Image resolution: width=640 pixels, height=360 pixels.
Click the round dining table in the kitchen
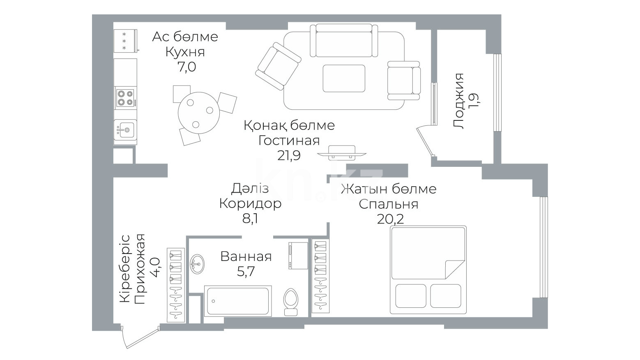198,113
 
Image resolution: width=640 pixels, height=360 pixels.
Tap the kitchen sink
125,130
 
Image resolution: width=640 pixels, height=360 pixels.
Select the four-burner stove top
125,98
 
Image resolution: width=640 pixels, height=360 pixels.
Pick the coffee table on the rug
344,78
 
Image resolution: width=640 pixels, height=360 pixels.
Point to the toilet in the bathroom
290,302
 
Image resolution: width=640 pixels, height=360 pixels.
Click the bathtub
238,301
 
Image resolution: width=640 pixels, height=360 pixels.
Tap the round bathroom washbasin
197,264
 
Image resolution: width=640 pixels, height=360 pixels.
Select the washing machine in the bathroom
298,256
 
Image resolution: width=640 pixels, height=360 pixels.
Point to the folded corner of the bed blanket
455,269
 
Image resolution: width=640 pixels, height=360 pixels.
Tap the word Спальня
388,204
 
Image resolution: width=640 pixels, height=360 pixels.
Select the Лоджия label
458,101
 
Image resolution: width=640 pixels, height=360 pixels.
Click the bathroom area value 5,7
246,271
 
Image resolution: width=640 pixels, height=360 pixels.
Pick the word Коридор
250,204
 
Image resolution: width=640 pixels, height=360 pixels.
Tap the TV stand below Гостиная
342,153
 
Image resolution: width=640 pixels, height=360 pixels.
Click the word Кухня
185,52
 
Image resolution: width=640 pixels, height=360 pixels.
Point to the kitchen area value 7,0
186,67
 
